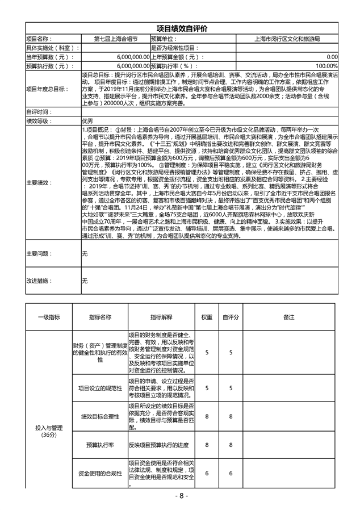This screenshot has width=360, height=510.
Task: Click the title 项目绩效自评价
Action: click(x=182, y=28)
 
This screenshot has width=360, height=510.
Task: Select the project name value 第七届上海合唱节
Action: click(x=116, y=39)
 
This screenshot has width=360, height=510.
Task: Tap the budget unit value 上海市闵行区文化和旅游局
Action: click(x=287, y=39)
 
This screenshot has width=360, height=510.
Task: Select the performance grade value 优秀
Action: click(x=87, y=121)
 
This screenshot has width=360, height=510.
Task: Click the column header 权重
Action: click(x=207, y=317)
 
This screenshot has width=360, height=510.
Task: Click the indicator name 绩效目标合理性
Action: click(x=100, y=416)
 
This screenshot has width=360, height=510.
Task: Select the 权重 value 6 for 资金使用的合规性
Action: click(x=207, y=473)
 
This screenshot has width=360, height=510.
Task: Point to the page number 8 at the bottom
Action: click(x=180, y=496)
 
